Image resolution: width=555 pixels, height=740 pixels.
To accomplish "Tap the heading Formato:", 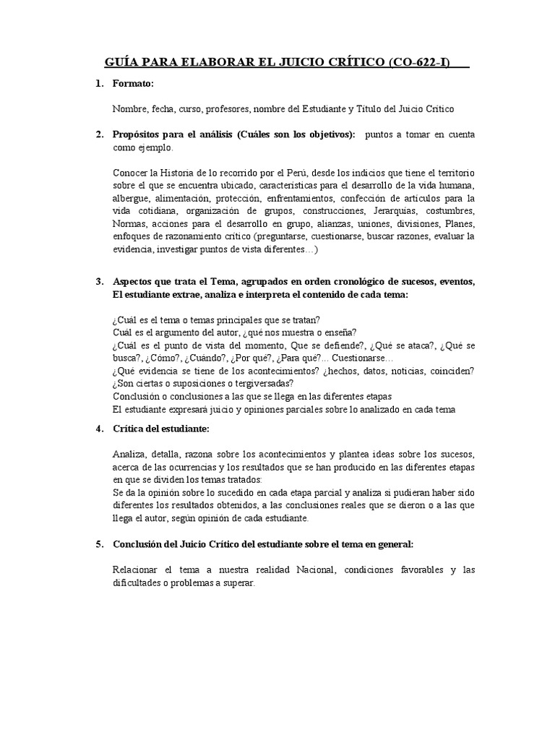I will [134, 85].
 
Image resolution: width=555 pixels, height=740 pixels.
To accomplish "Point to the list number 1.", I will [98, 85].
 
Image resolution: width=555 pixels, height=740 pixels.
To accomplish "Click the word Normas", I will [129, 224].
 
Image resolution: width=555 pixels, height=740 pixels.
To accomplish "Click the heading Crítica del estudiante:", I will [161, 429].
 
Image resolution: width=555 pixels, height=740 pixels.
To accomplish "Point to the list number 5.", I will [98, 544].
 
